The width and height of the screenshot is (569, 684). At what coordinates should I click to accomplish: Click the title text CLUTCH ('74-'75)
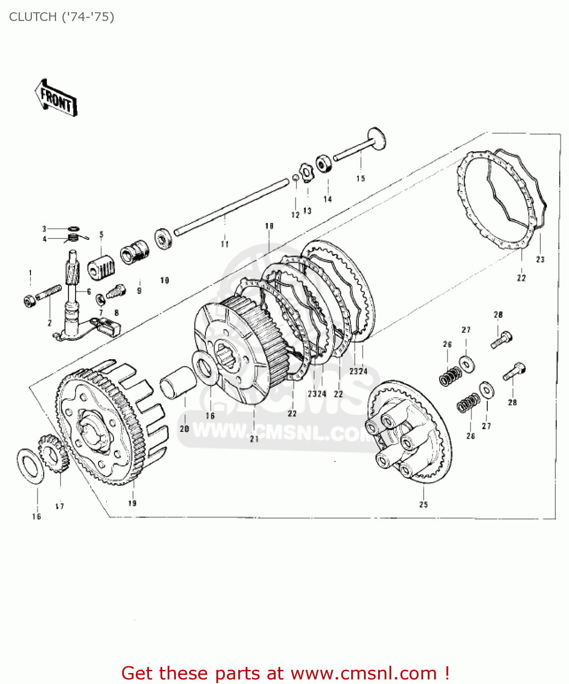pyautogui.click(x=62, y=17)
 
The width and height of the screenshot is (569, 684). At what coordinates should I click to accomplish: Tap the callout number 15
pyautogui.click(x=360, y=178)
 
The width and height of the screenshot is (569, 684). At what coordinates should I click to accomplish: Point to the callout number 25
pyautogui.click(x=423, y=504)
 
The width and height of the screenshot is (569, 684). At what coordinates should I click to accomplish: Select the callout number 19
pyautogui.click(x=132, y=503)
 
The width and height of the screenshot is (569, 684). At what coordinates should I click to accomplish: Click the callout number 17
pyautogui.click(x=60, y=506)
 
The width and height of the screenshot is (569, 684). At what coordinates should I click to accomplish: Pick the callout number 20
pyautogui.click(x=184, y=429)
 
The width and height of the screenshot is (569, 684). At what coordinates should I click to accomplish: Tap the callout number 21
pyautogui.click(x=254, y=439)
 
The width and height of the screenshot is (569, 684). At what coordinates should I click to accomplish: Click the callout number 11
pyautogui.click(x=225, y=244)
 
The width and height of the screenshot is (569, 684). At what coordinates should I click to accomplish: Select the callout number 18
pyautogui.click(x=269, y=226)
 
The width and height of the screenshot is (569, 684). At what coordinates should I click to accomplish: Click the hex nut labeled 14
pyautogui.click(x=323, y=164)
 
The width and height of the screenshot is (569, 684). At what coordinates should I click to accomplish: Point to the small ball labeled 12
pyautogui.click(x=295, y=178)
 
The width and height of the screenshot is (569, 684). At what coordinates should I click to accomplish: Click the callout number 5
pyautogui.click(x=101, y=234)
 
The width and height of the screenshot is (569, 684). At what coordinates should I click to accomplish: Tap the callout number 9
pyautogui.click(x=139, y=290)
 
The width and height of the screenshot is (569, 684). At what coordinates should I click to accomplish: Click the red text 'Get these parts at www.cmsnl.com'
pyautogui.click(x=286, y=673)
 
